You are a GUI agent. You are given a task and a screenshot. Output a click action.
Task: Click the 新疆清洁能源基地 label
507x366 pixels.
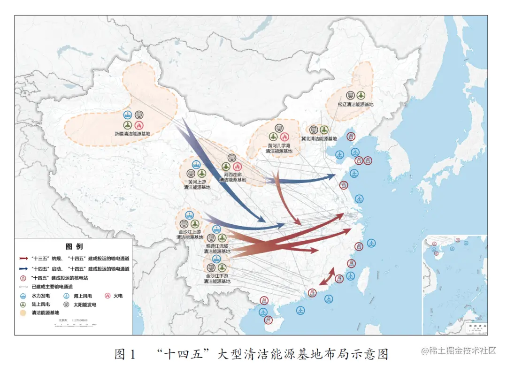(x=132, y=134)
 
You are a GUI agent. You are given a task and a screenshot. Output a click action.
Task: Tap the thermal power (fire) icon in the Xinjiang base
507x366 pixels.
(x=138, y=125)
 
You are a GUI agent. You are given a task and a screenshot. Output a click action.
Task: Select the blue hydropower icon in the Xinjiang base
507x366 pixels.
(x=128, y=114)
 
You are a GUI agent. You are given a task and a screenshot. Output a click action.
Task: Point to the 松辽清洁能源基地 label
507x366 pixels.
(x=355, y=104)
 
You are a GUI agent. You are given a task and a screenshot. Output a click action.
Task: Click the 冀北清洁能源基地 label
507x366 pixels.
(x=319, y=138)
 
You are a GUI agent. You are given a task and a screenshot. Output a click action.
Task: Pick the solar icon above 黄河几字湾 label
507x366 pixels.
(x=279, y=128)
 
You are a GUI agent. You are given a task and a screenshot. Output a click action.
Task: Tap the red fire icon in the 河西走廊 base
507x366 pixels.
(x=237, y=167)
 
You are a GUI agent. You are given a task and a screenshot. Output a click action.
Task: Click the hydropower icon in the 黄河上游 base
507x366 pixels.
(x=196, y=164)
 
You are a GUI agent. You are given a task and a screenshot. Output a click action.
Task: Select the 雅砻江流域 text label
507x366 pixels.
(x=216, y=245)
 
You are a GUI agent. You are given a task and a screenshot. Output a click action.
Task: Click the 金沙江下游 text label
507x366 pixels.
(x=217, y=276)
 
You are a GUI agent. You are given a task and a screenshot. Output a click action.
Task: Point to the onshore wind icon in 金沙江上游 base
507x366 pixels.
(x=195, y=223)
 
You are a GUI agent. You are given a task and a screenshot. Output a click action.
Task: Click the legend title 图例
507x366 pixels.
(x=74, y=246)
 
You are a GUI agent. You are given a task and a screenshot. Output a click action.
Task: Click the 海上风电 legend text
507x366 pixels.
(x=83, y=296)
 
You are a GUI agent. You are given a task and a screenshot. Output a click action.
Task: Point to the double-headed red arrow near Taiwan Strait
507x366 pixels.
(x=327, y=276)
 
